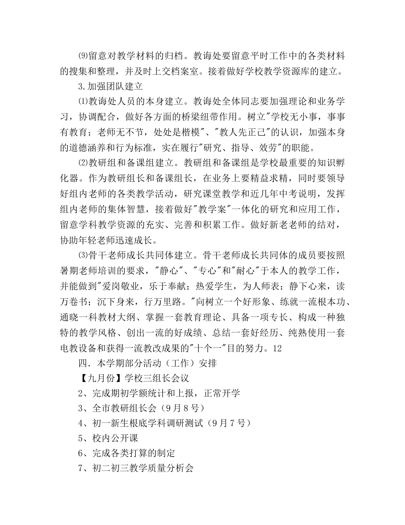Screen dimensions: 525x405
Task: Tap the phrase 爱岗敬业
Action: point(121,286)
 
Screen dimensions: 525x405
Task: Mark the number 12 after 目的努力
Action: point(277,348)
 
